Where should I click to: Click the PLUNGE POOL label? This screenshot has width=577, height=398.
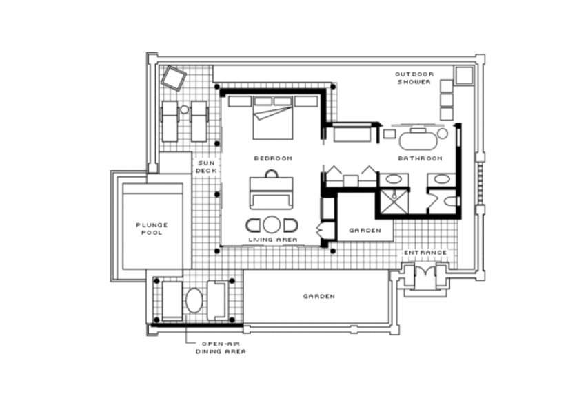(152, 229)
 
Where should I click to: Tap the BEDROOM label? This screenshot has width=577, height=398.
(273, 158)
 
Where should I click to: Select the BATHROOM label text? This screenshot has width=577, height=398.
(421, 158)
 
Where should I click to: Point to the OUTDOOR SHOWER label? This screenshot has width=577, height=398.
(414, 78)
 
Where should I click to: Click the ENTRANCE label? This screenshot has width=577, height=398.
(425, 253)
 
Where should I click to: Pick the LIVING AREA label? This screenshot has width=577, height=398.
(273, 240)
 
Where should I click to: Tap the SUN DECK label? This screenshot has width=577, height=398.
(205, 167)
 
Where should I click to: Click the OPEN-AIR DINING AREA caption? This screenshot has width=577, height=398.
(221, 348)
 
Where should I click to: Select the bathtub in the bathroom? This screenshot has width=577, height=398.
(418, 140)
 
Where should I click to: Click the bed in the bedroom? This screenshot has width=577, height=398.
(273, 118)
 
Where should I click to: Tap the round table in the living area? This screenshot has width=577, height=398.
(272, 224)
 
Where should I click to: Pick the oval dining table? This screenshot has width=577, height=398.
(194, 300)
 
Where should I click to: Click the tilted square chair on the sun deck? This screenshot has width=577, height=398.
(174, 78)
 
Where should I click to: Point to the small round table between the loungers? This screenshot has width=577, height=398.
(184, 109)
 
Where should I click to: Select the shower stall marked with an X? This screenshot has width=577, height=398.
(394, 201)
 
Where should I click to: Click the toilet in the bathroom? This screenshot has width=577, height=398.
(450, 201)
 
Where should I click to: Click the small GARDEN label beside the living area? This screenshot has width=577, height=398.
(365, 231)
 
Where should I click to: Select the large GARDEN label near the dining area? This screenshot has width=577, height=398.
(319, 296)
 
